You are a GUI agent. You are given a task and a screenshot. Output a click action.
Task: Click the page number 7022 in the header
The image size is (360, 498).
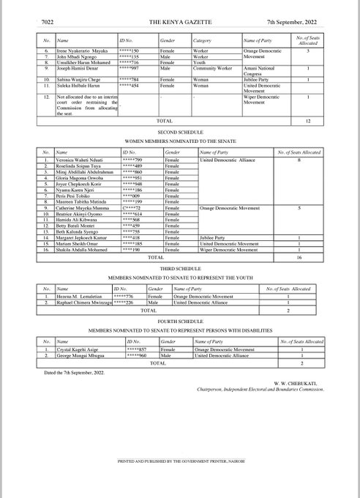[x=31, y=24]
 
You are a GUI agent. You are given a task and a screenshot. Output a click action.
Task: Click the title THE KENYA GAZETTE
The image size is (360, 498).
[x=179, y=24]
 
